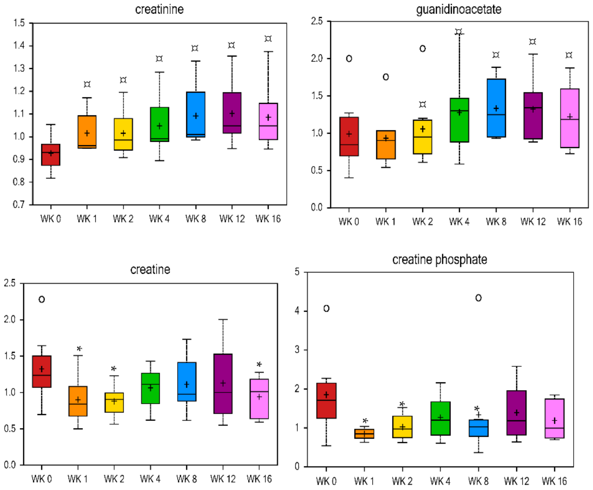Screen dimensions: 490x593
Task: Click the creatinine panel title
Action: coord(159,10)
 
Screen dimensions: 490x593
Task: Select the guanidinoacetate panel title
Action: coord(459,9)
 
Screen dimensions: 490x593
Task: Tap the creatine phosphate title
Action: coord(439,259)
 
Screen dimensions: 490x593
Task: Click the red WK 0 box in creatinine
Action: coord(51,155)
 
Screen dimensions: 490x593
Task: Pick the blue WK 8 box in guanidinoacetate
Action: coord(496,108)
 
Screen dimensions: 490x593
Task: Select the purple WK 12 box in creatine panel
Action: coord(223,383)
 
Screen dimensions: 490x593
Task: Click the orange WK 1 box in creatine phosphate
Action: coord(364,434)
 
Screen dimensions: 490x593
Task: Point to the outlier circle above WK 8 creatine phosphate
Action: coord(478,298)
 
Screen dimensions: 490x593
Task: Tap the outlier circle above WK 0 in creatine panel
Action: coord(42,299)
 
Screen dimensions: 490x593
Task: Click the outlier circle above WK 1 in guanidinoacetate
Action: coord(386,77)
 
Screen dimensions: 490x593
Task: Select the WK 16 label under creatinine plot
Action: coord(268,219)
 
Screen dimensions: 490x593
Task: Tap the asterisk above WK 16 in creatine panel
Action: coord(259,365)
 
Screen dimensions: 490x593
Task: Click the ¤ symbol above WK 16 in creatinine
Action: coord(268,39)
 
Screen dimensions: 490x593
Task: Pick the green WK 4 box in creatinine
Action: coord(159,124)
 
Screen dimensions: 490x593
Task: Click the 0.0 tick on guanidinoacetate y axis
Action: coord(317,208)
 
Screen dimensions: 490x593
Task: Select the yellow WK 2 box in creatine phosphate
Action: coord(402,427)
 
